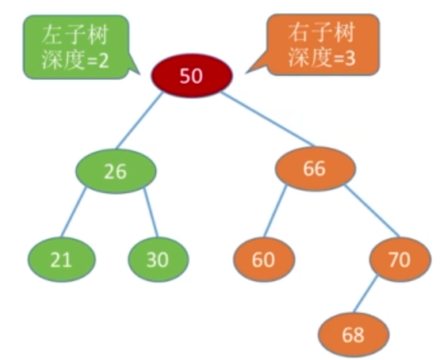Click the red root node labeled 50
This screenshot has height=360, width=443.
point(191,76)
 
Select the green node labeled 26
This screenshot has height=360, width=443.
point(115,171)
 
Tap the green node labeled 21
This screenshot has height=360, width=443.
point(61,260)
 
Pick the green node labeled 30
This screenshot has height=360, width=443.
point(157,260)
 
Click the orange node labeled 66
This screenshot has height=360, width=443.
point(314,168)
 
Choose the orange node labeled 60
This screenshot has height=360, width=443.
point(263,260)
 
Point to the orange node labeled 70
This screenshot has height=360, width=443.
point(400,259)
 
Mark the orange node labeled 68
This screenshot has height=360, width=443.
point(352,334)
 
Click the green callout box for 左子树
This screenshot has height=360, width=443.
point(76,46)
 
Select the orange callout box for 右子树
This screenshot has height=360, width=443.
point(323,45)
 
